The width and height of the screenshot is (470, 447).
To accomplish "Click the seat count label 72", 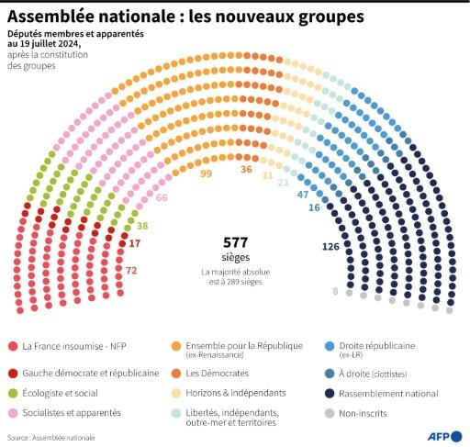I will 131,271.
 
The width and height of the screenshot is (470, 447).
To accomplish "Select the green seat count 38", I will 142,225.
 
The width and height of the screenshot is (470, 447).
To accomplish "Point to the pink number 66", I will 162,197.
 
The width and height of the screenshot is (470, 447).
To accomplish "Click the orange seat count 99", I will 206,173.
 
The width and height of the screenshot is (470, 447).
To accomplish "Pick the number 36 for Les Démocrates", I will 246,169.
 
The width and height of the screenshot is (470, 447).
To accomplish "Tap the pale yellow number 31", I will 268,174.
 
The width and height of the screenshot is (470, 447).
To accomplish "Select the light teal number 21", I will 284,183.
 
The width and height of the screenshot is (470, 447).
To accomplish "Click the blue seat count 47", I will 303,196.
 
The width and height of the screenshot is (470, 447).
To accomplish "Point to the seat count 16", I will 314,208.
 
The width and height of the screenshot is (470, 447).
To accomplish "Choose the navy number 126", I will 330,247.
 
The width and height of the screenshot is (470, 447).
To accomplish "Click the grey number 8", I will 335,291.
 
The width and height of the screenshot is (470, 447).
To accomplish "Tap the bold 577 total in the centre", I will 236,242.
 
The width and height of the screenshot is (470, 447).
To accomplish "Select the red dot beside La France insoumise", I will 11,346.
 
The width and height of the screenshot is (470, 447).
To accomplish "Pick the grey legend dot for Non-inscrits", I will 330,415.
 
